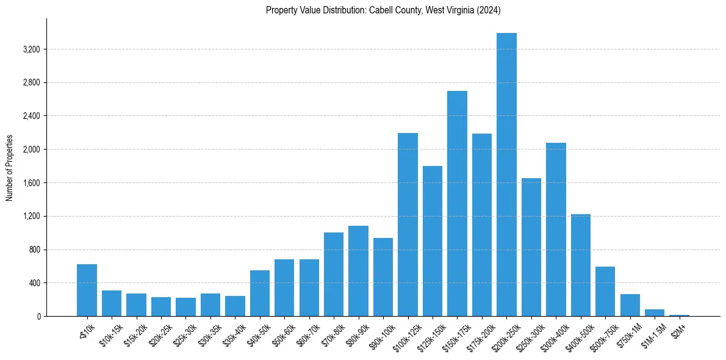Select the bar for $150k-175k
[x=457, y=204]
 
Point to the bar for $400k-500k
[x=581, y=265]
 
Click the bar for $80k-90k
[x=358, y=271]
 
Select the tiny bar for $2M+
[x=679, y=315]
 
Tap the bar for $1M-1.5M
[x=655, y=312]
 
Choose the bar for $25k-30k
[x=185, y=307]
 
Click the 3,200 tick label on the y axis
[x=31, y=49]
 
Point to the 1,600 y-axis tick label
[x=31, y=183]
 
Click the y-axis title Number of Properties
[x=10, y=167]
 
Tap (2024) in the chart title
[x=489, y=10]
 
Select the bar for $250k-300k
[x=531, y=247]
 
